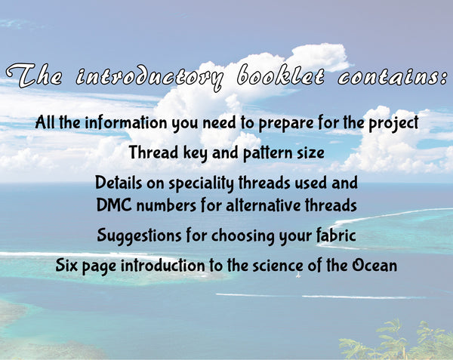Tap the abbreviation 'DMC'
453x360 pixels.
coord(115,205)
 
